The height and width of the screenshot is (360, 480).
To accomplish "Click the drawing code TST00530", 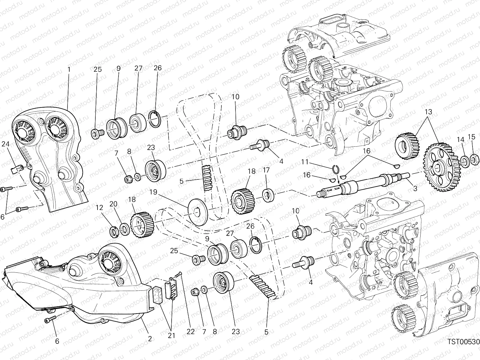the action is click(463, 347).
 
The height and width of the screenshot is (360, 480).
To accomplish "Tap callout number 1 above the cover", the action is click(69, 70).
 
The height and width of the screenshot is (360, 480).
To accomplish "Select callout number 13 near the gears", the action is click(428, 112).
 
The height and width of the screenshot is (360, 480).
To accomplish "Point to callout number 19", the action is click(153, 192).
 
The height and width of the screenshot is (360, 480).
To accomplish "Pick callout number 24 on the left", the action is click(6, 144).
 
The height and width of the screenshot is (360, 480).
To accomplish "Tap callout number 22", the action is click(191, 331).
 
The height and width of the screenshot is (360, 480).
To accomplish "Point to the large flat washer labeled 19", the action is click(198, 212).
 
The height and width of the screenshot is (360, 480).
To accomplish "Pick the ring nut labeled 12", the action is click(114, 232).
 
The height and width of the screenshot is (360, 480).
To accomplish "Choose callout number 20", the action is click(113, 204).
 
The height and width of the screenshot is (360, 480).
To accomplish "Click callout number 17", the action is click(266, 170).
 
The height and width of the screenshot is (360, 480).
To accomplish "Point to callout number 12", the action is click(100, 207).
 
